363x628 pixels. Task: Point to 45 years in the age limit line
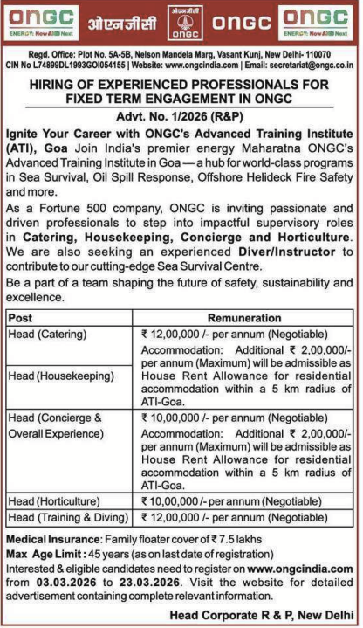(x=102, y=551)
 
